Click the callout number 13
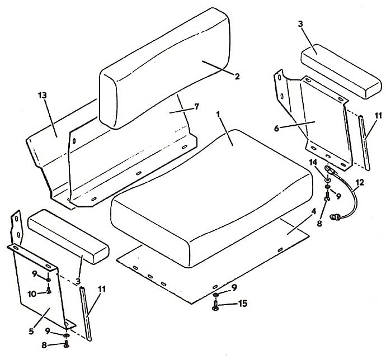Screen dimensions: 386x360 (x=43, y=96)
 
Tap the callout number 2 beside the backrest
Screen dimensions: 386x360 (x=237, y=76)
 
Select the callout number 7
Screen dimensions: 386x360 (x=196, y=107)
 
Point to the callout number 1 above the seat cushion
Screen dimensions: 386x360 (x=218, y=115)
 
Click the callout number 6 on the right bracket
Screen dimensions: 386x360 (x=276, y=129)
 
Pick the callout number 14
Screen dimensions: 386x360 (x=314, y=162)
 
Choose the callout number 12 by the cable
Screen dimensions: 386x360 (x=359, y=183)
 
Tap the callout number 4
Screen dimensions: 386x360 (x=313, y=211)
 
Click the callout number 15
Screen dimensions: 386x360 (x=243, y=304)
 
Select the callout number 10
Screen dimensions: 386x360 (x=32, y=293)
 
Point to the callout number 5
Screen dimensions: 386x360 (x=31, y=331)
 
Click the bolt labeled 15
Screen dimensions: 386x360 (x=215, y=306)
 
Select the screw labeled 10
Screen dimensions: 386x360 (x=49, y=290)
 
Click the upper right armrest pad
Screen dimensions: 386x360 (x=341, y=72)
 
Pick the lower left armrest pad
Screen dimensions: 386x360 (x=68, y=236)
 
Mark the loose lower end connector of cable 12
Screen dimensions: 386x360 (x=335, y=217)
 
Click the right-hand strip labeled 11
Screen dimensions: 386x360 (x=364, y=143)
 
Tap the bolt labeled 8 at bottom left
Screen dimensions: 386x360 (x=66, y=344)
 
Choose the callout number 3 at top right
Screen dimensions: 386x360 (x=300, y=25)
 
